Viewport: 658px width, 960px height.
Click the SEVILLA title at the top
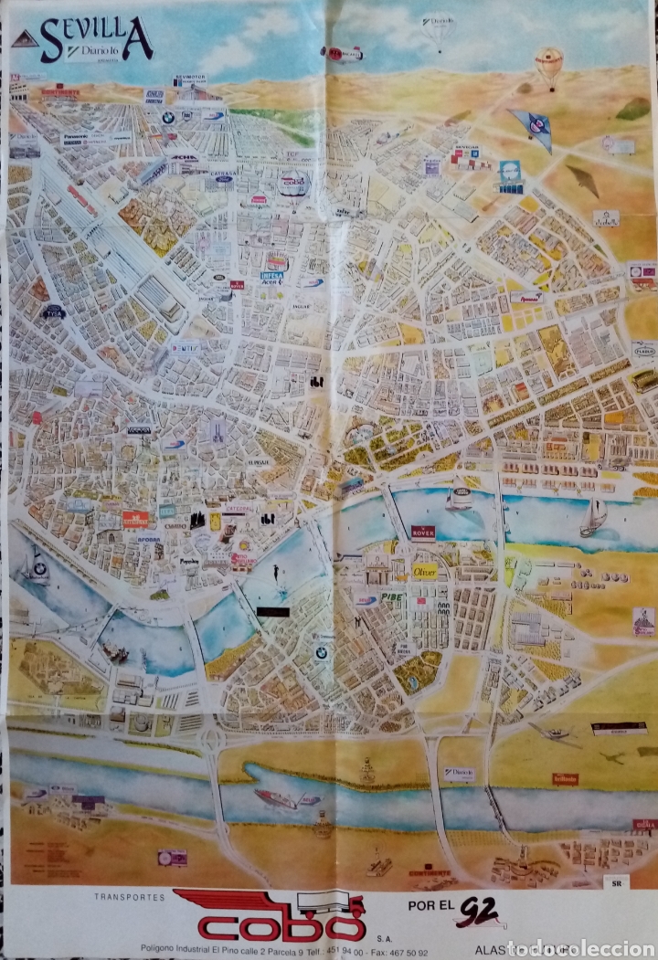96,39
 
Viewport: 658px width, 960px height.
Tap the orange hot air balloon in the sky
549,64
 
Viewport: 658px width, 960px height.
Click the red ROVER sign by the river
422,532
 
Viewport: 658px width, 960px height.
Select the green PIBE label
392,596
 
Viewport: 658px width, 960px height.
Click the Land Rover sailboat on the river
460,497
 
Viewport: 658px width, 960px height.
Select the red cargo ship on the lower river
275,798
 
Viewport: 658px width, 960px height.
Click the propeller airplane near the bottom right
552,733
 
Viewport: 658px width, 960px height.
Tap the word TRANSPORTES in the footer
129,898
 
